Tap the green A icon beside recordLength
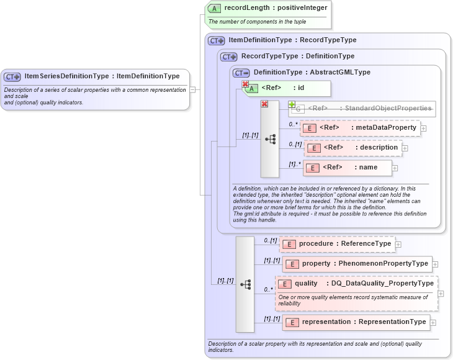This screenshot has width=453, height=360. (x=214, y=9)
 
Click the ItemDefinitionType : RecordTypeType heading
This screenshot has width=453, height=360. (x=292, y=40)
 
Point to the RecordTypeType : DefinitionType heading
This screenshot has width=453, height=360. (x=298, y=56)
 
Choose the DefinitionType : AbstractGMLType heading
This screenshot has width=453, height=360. (x=312, y=73)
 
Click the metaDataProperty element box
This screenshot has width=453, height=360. (x=359, y=128)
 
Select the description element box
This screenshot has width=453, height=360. (x=352, y=148)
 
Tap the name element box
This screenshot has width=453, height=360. (x=348, y=168)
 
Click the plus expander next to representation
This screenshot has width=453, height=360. (x=433, y=323)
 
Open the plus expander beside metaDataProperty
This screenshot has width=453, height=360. (x=424, y=128)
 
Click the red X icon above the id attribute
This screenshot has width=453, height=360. (x=245, y=84)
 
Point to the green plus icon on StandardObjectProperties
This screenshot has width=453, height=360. (x=291, y=104)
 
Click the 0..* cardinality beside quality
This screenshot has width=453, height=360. (x=269, y=290)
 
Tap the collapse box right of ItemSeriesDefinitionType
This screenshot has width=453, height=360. (x=192, y=89)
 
